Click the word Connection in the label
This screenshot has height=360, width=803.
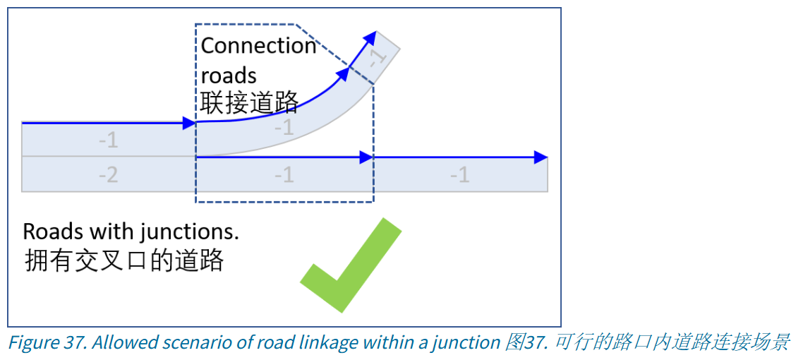coord(258,46)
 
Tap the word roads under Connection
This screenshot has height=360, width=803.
coord(229,76)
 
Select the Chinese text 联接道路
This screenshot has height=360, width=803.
coord(249,103)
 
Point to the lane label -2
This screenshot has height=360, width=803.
coord(108,174)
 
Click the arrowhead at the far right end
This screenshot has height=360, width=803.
coord(541,157)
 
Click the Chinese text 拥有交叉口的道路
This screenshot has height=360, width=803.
coord(123,260)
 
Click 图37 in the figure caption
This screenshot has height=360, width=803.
coord(521,343)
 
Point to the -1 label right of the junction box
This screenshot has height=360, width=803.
coord(459,174)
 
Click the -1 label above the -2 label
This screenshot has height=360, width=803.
coord(108,140)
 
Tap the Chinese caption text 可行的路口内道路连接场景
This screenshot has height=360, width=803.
coord(672,343)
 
